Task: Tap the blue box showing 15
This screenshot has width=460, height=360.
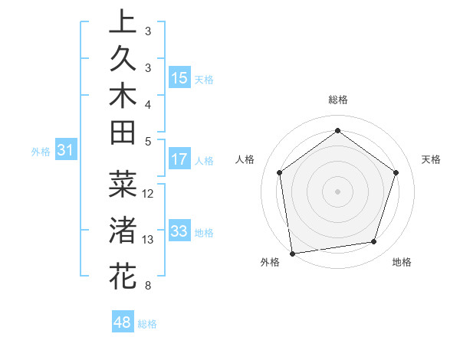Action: click(179, 77)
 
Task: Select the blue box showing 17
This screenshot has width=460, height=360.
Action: click(179, 159)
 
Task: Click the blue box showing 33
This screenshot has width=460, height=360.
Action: click(179, 231)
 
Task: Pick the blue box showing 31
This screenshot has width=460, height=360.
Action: click(66, 151)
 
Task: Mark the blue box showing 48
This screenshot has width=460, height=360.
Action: click(123, 322)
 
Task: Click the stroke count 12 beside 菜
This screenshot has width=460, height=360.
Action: click(149, 194)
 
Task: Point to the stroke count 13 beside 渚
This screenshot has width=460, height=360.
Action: click(149, 240)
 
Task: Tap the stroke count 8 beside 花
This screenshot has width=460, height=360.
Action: click(147, 286)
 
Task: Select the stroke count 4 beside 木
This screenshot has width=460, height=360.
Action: click(147, 103)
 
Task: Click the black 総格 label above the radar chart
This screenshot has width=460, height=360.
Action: click(337, 100)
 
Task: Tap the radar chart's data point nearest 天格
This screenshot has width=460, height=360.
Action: click(396, 172)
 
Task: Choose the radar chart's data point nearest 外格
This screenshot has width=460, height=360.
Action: click(292, 253)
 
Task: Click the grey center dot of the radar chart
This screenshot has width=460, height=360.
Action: click(337, 191)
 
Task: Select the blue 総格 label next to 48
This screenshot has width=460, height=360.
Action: click(147, 324)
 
